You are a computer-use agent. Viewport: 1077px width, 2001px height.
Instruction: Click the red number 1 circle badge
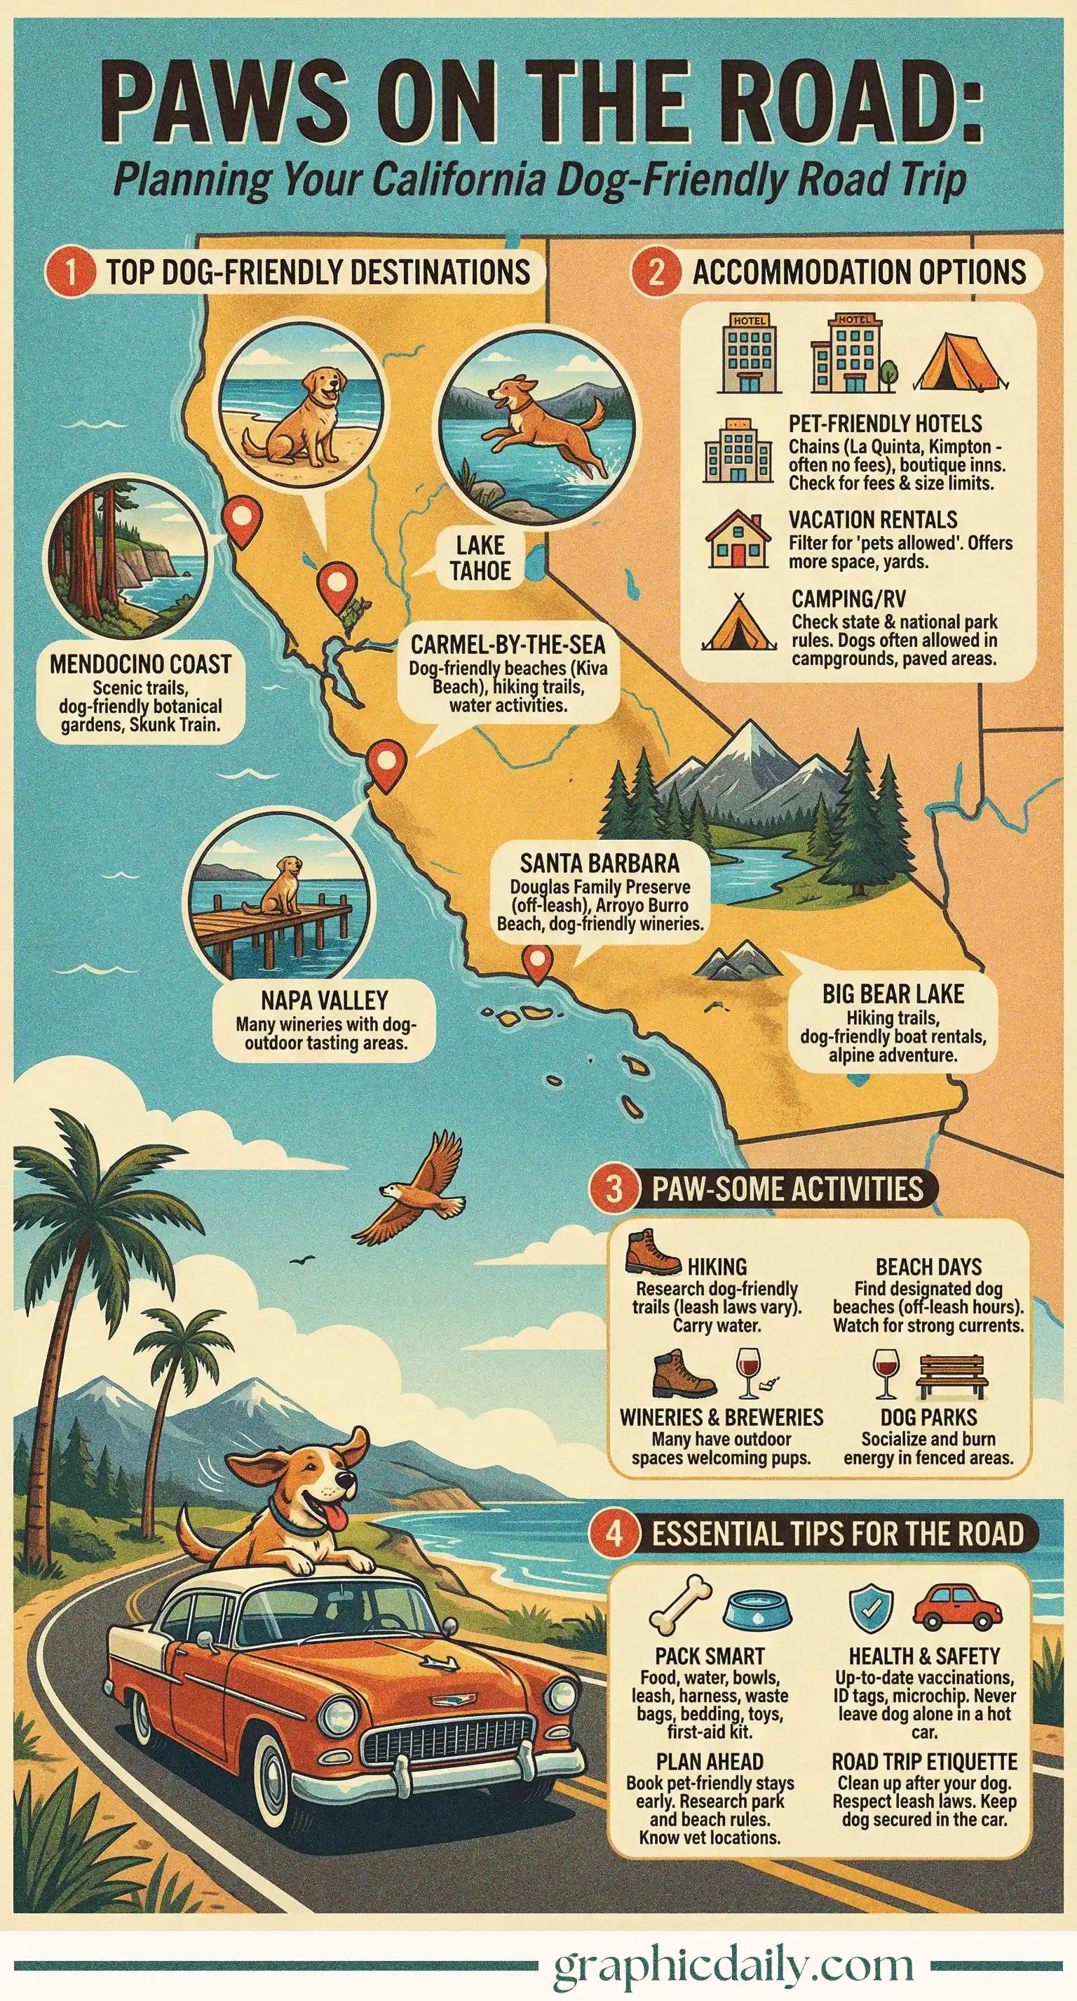[71, 273]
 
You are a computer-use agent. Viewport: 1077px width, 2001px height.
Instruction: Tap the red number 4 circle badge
[614, 1534]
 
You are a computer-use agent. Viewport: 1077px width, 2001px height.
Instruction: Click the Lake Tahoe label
[480, 558]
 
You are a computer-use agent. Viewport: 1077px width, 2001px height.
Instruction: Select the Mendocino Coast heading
[140, 665]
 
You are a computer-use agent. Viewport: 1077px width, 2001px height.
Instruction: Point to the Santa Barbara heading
[600, 863]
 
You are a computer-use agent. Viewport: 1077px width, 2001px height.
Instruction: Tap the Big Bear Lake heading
[893, 994]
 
